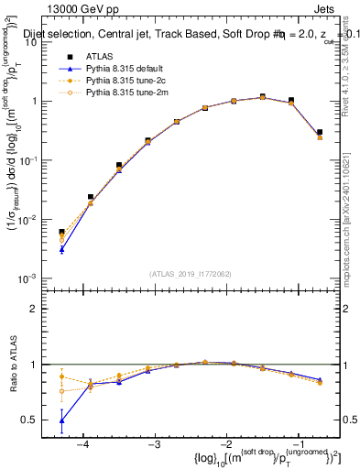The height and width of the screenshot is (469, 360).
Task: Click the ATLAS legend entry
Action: click(98, 56)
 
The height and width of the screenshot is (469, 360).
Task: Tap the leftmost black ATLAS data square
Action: click(61, 233)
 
